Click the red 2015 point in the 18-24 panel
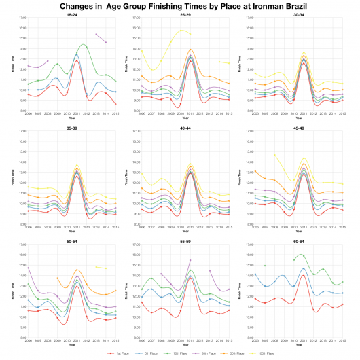116,104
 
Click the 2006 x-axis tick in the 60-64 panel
255,341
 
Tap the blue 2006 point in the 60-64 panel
255,274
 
